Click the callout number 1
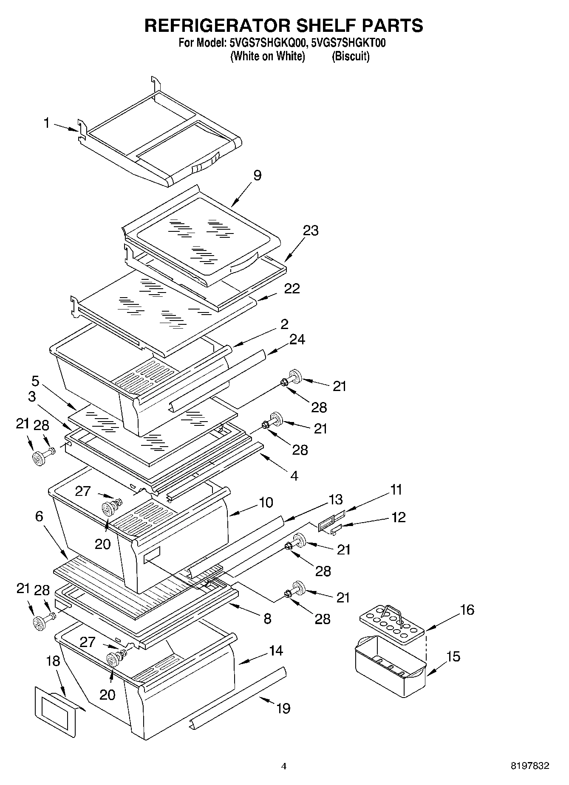click(x=47, y=123)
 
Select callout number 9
click(x=257, y=175)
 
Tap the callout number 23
click(x=311, y=231)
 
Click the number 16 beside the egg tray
click(x=467, y=610)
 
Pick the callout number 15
click(x=453, y=656)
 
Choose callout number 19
click(x=283, y=708)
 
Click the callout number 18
click(x=53, y=661)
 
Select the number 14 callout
click(x=276, y=650)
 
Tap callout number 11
click(x=396, y=490)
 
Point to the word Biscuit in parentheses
click(x=351, y=56)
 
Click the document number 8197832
click(x=529, y=766)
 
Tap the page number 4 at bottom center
click(x=284, y=766)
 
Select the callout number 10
click(x=266, y=503)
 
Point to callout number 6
click(x=39, y=516)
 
